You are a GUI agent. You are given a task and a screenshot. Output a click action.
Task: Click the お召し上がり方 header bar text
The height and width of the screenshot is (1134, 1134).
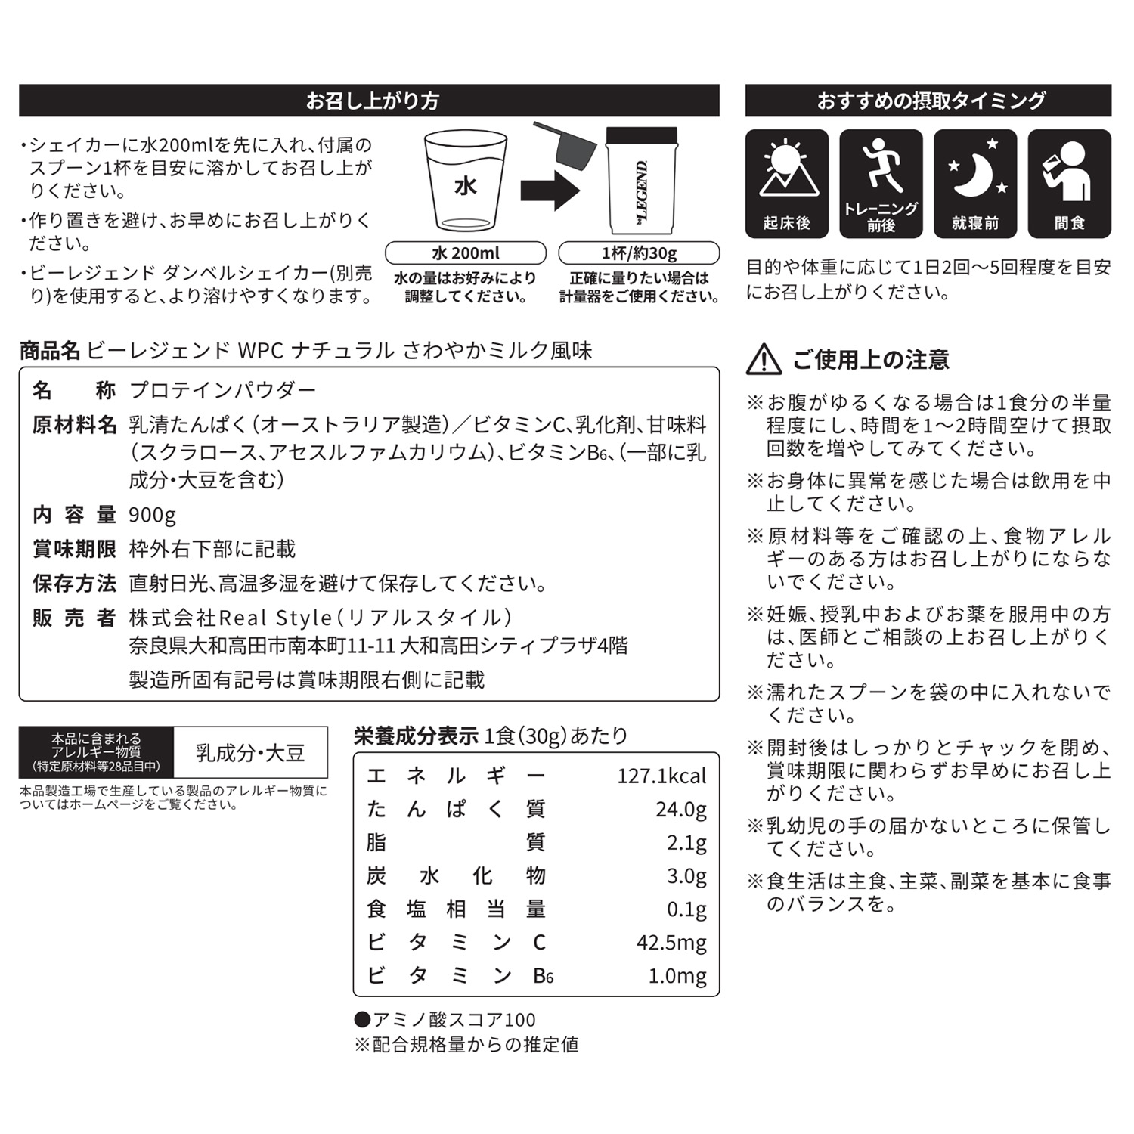click(x=372, y=101)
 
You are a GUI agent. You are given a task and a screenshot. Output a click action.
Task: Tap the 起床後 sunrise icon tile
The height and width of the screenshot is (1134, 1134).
click(x=786, y=184)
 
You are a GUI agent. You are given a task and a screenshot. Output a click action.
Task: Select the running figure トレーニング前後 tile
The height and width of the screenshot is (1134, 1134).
click(x=881, y=184)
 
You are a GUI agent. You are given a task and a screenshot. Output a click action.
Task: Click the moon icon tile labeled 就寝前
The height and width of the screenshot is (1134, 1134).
click(x=975, y=184)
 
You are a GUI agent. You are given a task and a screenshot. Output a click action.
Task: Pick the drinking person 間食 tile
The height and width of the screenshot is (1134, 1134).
click(x=1069, y=184)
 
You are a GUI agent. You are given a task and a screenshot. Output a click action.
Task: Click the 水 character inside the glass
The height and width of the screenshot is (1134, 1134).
click(x=465, y=185)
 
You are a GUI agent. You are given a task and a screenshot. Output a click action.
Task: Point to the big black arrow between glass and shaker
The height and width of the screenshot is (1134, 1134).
click(x=550, y=190)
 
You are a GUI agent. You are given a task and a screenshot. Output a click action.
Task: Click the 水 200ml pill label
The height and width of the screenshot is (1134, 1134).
click(x=465, y=253)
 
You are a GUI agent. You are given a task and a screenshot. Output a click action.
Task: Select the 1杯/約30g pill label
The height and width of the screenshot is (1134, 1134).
click(x=639, y=253)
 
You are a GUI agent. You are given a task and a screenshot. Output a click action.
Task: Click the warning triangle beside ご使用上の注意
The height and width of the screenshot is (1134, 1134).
click(x=764, y=360)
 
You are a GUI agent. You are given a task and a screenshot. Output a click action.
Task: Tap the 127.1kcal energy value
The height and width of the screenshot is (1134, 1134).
click(x=661, y=776)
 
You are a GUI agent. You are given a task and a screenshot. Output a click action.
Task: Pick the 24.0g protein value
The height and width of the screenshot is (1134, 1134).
click(x=680, y=810)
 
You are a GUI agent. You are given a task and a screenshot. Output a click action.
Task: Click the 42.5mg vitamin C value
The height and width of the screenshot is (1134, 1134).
click(x=671, y=943)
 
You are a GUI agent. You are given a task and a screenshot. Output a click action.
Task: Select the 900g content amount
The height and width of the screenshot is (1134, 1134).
click(x=152, y=515)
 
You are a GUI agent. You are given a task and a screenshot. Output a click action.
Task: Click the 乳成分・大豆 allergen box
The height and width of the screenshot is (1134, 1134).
click(x=250, y=753)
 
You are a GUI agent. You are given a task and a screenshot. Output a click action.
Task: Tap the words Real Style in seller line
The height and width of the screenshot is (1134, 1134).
click(x=275, y=618)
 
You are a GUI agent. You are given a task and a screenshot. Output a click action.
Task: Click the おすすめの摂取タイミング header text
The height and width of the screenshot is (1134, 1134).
click(x=931, y=101)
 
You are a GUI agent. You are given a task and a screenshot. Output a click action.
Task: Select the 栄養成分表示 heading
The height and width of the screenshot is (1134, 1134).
click(x=416, y=736)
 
